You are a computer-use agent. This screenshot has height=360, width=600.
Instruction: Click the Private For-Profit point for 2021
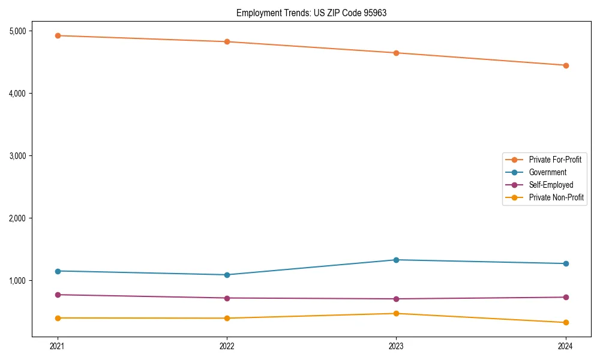tap(58, 35)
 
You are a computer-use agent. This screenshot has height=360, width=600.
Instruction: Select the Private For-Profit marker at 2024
tap(566, 65)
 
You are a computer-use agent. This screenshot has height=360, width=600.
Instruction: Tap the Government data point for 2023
tap(396, 260)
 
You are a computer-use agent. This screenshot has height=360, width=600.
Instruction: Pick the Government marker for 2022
tap(227, 275)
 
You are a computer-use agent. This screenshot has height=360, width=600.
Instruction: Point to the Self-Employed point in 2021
tap(58, 295)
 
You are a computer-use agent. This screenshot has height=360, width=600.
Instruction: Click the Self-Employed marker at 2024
tap(566, 297)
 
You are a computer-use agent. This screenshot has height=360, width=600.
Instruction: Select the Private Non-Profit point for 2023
tap(396, 313)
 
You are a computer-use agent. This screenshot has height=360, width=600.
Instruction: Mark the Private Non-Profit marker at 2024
tap(566, 323)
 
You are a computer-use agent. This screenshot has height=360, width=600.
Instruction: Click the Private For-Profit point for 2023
tap(396, 53)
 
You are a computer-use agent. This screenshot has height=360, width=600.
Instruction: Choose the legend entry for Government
tap(547, 172)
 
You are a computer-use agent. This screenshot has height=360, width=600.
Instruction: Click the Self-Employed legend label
tap(551, 185)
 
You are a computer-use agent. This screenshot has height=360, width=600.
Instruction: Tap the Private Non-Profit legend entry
tap(556, 197)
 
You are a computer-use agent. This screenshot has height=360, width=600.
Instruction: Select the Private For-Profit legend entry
tap(555, 160)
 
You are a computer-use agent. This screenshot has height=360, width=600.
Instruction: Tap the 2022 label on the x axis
tap(227, 346)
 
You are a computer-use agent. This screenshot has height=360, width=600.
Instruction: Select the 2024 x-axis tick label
tap(566, 346)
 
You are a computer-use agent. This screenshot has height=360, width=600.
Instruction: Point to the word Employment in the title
tap(255, 13)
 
